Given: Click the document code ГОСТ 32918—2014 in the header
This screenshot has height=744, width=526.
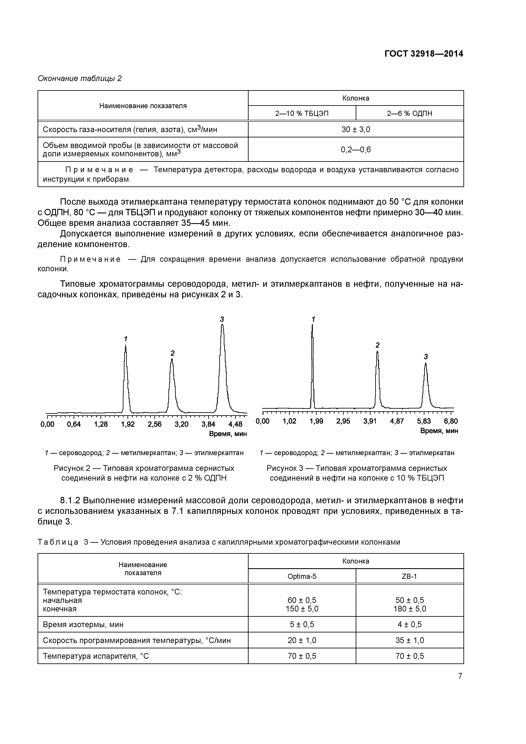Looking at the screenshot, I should tap(424, 54).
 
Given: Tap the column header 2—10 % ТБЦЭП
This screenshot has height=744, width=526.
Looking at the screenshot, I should tap(302, 113).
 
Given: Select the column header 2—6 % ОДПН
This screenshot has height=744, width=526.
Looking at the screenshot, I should tap(409, 113).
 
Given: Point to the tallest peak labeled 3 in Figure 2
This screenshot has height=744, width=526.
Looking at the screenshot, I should tap(222, 327).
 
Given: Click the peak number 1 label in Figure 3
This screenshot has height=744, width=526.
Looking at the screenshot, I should tap(313, 319).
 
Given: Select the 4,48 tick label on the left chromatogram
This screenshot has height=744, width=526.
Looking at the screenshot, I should tap(235, 424).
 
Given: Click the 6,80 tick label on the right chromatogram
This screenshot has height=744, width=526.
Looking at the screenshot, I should tap(451, 421).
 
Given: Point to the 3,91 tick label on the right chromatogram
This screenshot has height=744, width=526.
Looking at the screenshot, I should tap(370, 421).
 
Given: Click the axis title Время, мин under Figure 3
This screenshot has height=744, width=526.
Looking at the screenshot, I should tap(439, 431).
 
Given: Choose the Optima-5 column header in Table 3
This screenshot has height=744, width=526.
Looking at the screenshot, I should tap(302, 576).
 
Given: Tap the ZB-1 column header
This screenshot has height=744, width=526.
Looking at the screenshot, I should tap(409, 576).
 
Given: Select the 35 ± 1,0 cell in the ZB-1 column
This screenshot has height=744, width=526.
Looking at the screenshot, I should tap(409, 640).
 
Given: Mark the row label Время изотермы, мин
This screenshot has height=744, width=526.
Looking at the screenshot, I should tap(83, 624).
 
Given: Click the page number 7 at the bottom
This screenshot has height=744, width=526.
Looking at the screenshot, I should tap(460, 676).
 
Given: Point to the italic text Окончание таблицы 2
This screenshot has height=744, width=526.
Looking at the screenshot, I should tap(80, 78).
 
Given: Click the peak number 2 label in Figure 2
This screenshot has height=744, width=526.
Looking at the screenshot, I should tap(172, 353).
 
